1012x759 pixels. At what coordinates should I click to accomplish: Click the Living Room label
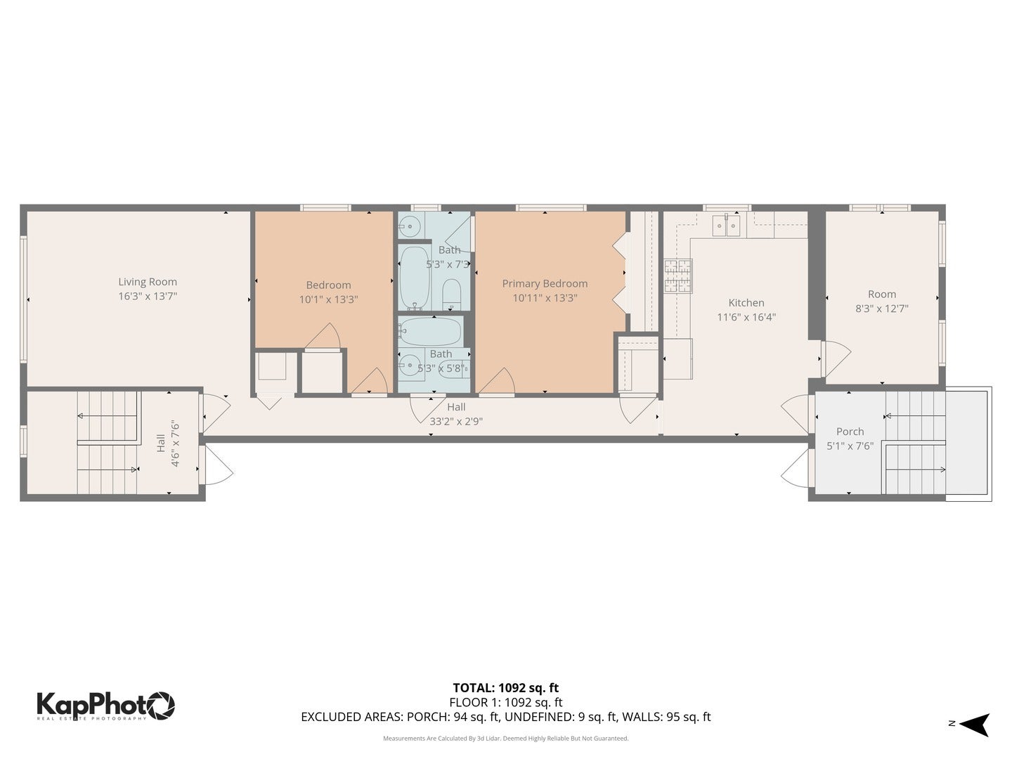pyautogui.click(x=148, y=282)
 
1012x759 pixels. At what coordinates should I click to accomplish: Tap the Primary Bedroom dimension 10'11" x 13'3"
pyautogui.click(x=545, y=297)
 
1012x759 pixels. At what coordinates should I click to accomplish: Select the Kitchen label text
pyautogui.click(x=746, y=303)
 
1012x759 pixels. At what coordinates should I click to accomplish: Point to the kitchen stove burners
pyautogui.click(x=678, y=275)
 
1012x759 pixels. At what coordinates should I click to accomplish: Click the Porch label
pyautogui.click(x=850, y=432)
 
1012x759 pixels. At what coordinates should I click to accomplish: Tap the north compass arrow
pyautogui.click(x=975, y=724)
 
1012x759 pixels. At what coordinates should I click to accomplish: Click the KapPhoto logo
pyautogui.click(x=105, y=705)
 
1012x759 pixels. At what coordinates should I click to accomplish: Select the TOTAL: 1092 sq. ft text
pyautogui.click(x=505, y=688)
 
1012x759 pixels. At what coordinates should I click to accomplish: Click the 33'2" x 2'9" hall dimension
pyautogui.click(x=456, y=422)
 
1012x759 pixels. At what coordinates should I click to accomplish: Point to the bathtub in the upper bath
pyautogui.click(x=414, y=277)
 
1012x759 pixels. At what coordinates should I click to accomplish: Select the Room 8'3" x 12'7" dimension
pyautogui.click(x=881, y=308)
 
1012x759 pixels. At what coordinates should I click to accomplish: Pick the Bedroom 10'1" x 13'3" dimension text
pyautogui.click(x=328, y=299)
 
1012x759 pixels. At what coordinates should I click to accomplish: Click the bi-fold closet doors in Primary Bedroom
pyautogui.click(x=619, y=273)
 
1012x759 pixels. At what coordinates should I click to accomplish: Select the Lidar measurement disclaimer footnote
pyautogui.click(x=505, y=739)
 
